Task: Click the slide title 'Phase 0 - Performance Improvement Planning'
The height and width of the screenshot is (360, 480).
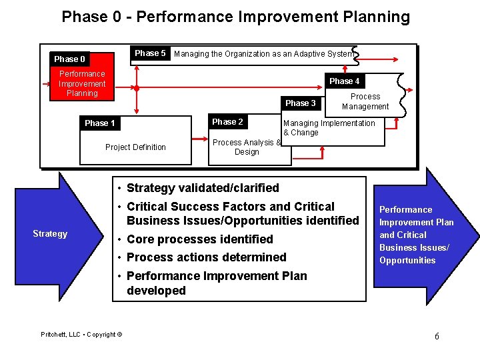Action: coord(235,17)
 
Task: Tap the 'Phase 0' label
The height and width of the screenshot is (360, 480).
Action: coord(69,59)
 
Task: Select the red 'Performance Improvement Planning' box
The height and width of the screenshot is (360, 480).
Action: coord(82,84)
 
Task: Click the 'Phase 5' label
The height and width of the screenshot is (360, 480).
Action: coord(150,53)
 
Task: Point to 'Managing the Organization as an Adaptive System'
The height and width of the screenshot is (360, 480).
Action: coord(263,54)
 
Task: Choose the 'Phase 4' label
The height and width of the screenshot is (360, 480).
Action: coord(344,81)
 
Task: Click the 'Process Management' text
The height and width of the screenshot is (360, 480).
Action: coord(365,101)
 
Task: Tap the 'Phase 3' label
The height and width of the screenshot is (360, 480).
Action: coord(300,103)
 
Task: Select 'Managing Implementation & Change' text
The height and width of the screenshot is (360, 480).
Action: coord(329,127)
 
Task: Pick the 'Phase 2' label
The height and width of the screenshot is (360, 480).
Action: coord(227,122)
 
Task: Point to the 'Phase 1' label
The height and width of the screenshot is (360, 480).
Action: coord(100,123)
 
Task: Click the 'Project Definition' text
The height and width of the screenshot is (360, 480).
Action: coord(135,147)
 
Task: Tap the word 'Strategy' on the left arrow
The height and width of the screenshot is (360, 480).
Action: coord(50,233)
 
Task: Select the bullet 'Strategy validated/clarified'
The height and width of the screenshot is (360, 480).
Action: coord(203,188)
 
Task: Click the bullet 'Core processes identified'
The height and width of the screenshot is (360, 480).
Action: coord(199,239)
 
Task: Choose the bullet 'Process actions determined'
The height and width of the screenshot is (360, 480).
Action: coord(206,257)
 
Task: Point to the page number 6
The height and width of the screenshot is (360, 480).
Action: coord(437,336)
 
